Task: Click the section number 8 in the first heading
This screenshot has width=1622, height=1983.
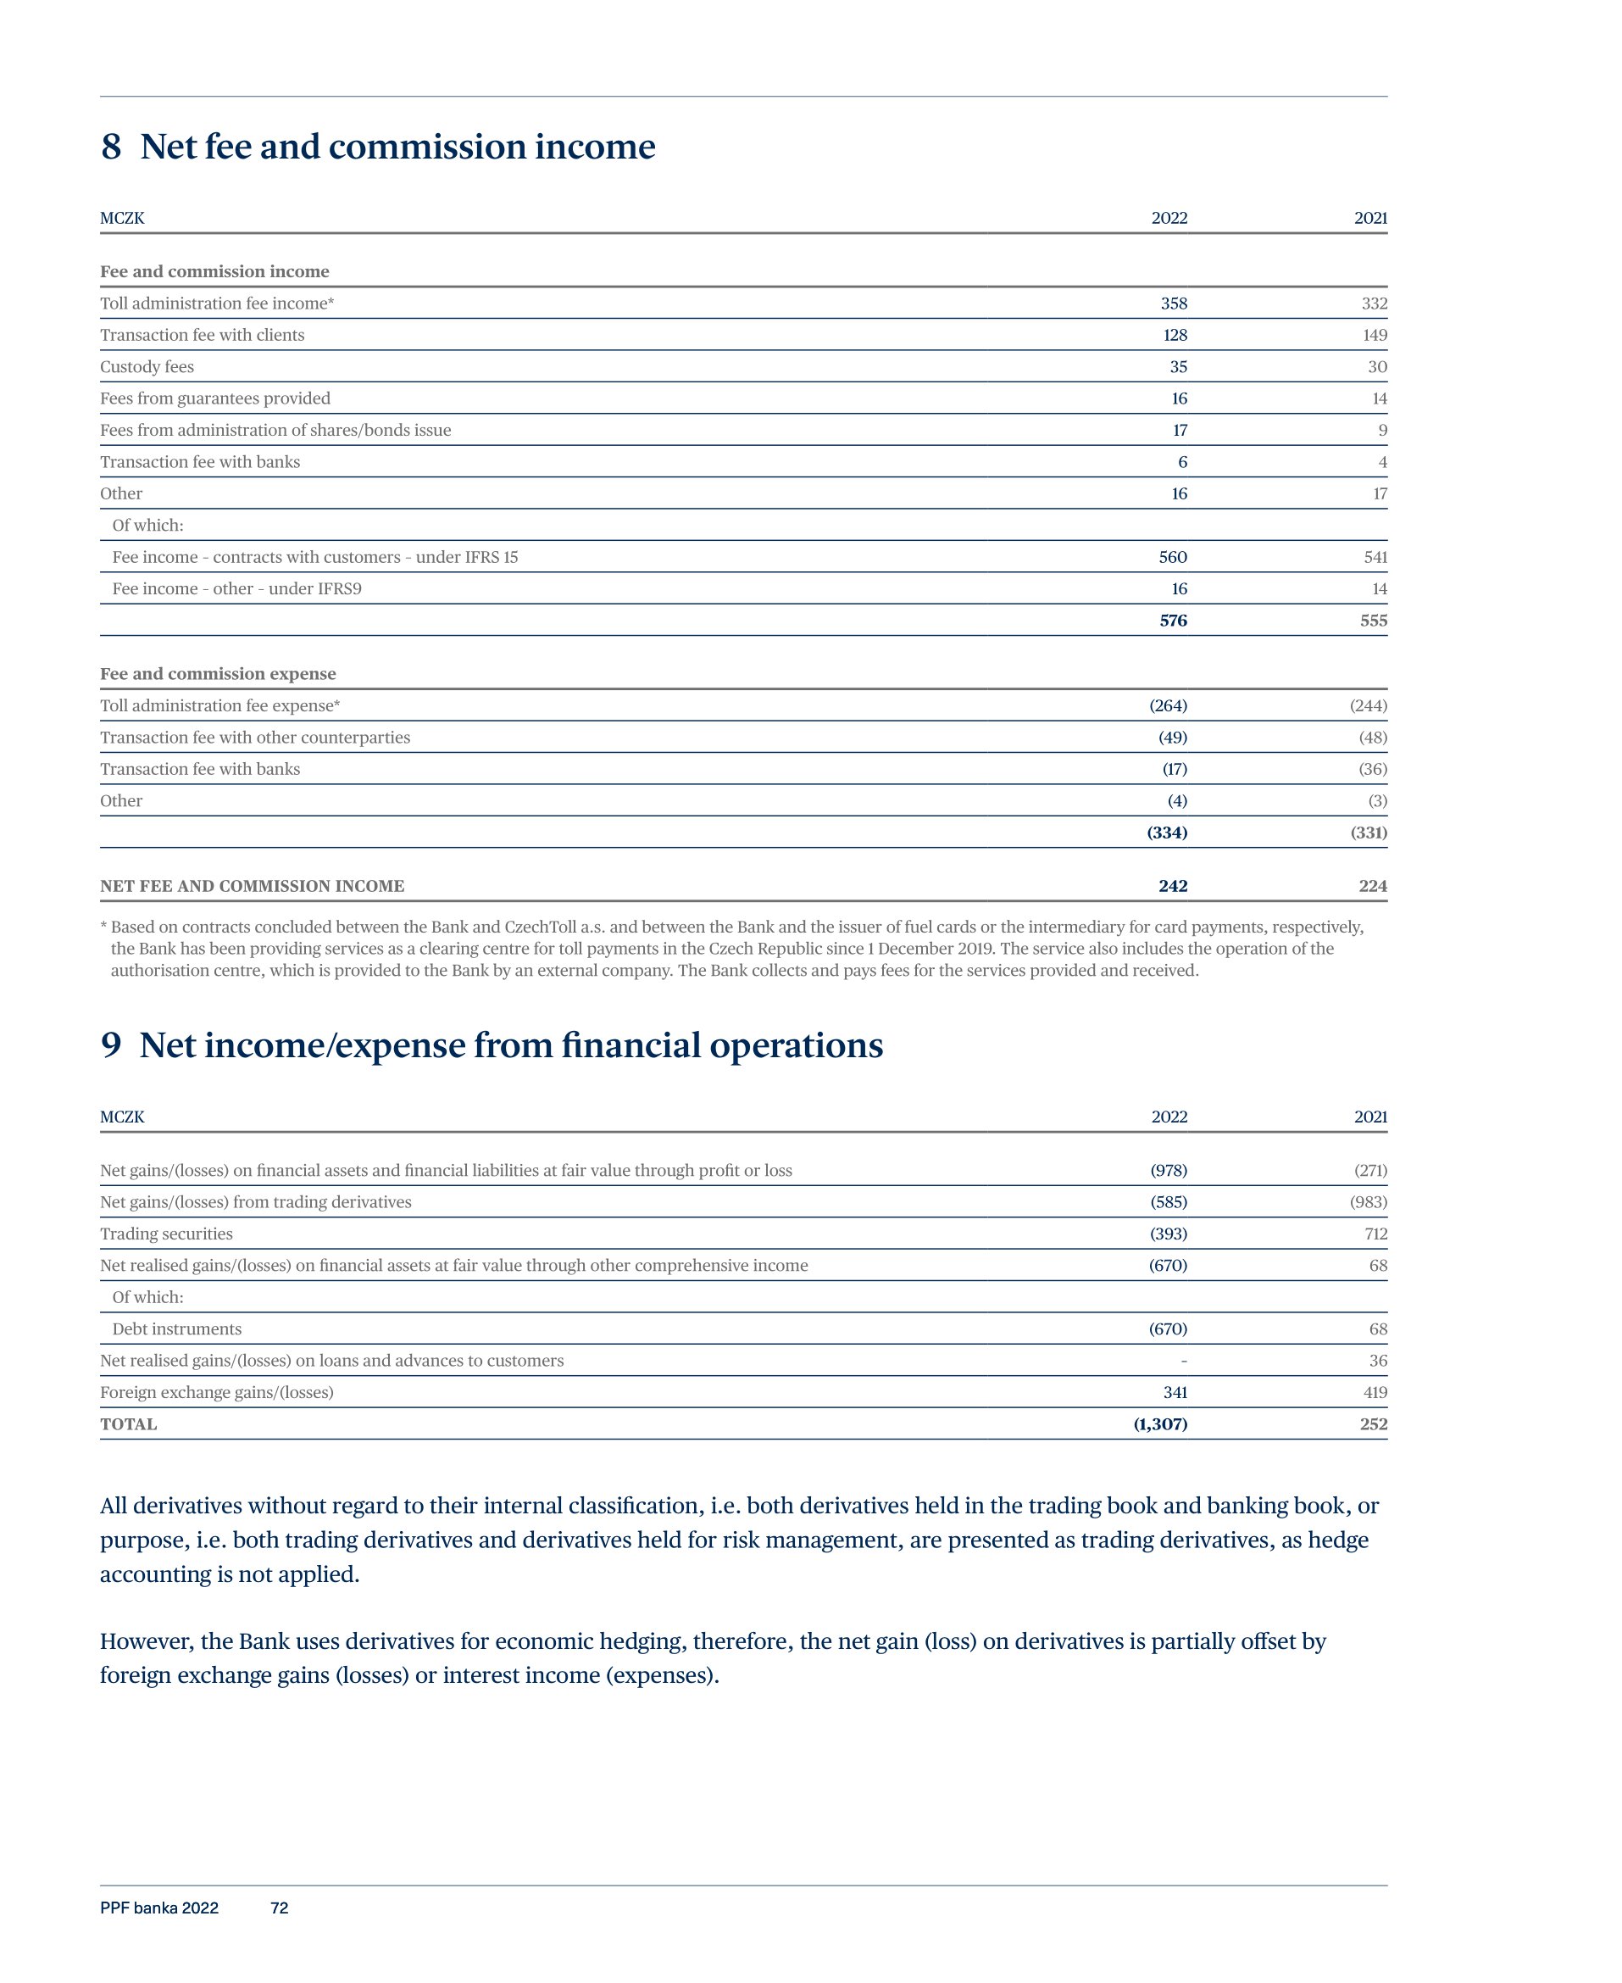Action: pyautogui.click(x=111, y=147)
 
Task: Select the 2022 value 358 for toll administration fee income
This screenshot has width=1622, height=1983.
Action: pyautogui.click(x=1174, y=304)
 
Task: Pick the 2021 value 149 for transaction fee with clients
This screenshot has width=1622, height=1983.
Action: pyautogui.click(x=1374, y=336)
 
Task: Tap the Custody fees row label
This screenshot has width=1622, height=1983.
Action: pyautogui.click(x=147, y=367)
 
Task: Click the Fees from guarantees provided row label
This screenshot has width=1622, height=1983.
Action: pyautogui.click(x=215, y=399)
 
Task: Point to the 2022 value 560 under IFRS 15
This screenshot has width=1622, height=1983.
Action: pyautogui.click(x=1173, y=558)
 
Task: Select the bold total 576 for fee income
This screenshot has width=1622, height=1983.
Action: pyautogui.click(x=1173, y=621)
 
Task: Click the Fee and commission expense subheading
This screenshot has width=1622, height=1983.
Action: pyautogui.click(x=218, y=675)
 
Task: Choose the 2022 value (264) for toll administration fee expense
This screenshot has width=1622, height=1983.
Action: pyautogui.click(x=1168, y=706)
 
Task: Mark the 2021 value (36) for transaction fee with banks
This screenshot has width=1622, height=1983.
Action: pyautogui.click(x=1373, y=770)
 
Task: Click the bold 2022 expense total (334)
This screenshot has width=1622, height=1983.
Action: pyautogui.click(x=1167, y=833)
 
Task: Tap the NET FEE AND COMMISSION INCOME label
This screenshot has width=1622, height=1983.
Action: pyautogui.click(x=253, y=887)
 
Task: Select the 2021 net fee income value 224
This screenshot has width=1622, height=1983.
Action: pyautogui.click(x=1373, y=887)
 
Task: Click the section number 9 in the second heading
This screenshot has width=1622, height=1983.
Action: pyautogui.click(x=111, y=1045)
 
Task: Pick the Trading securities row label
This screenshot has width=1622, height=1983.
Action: pyautogui.click(x=166, y=1234)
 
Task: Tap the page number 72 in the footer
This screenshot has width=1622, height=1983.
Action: pyautogui.click(x=280, y=1908)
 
